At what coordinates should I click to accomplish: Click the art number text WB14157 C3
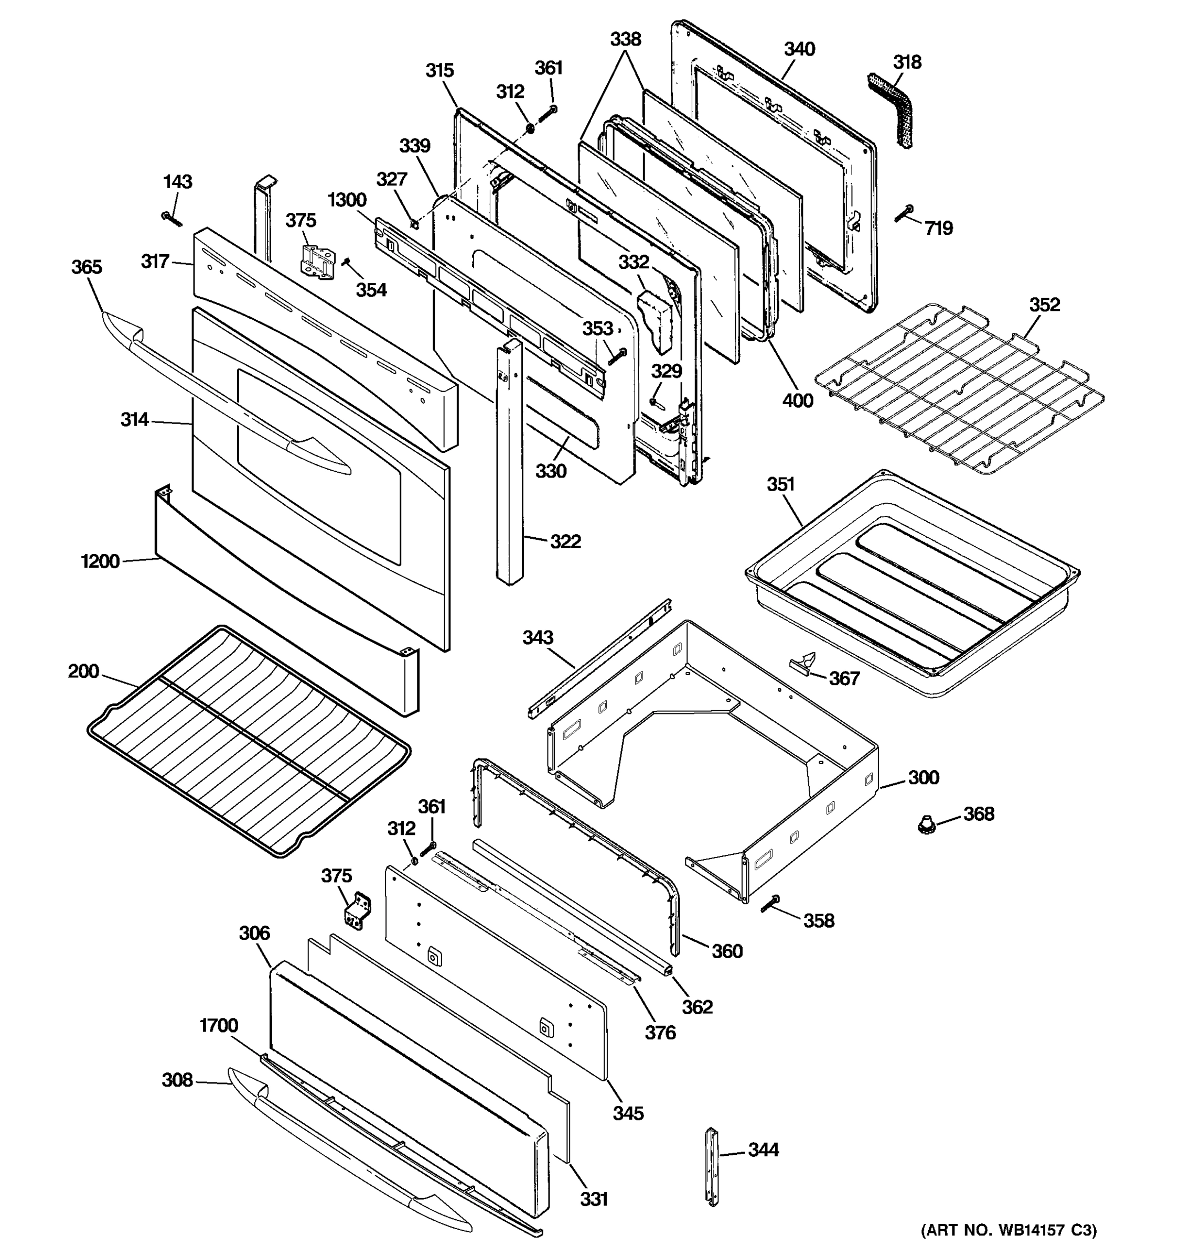1008,1230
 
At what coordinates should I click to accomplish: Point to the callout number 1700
218,1025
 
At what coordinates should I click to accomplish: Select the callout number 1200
100,561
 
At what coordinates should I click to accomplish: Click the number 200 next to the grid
83,671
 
